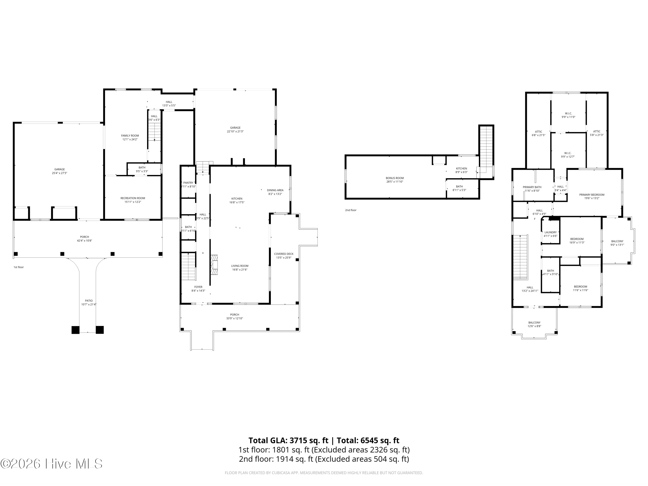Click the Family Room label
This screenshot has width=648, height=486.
click(130, 136)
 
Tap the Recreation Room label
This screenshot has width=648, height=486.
click(133, 198)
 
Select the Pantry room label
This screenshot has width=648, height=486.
click(188, 183)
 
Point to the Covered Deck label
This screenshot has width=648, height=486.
click(284, 254)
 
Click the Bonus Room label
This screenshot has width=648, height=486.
click(395, 178)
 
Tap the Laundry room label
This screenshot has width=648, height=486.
click(550, 232)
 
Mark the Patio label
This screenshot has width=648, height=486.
click(89, 301)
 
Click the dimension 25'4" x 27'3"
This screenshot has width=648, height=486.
click(59, 173)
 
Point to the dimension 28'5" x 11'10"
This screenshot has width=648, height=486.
click(395, 182)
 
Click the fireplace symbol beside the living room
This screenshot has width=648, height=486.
click(214, 265)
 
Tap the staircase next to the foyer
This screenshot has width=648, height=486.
click(188, 266)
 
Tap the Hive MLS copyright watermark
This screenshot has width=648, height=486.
click(51, 464)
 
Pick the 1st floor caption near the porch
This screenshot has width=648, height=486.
click(18, 267)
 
